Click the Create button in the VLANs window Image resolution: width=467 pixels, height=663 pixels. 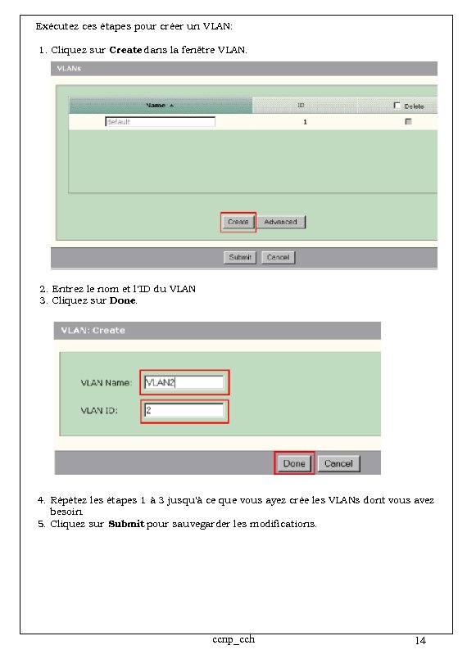[x=238, y=222]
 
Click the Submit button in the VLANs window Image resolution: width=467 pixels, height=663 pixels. [x=240, y=257]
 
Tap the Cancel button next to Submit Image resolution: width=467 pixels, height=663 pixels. [x=279, y=257]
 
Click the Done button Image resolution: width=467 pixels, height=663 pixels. [x=294, y=463]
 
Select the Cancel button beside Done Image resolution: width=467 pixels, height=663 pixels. [x=338, y=463]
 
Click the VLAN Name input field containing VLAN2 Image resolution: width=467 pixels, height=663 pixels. [x=184, y=382]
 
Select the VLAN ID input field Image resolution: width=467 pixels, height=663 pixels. [x=184, y=410]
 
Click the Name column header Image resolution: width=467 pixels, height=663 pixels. [x=160, y=106]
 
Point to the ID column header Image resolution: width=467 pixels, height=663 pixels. [x=301, y=106]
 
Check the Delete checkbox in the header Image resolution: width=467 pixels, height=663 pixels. [x=397, y=106]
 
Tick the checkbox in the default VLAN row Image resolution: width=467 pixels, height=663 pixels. [x=408, y=122]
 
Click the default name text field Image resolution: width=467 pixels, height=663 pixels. [x=160, y=122]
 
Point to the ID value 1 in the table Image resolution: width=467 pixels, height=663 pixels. [x=305, y=122]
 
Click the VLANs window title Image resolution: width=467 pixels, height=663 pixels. [x=68, y=69]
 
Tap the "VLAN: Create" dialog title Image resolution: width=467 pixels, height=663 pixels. [x=93, y=331]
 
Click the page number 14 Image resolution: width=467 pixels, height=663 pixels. [x=420, y=641]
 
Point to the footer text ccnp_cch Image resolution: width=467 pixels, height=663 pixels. [x=233, y=639]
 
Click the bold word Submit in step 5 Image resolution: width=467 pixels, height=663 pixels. [x=126, y=524]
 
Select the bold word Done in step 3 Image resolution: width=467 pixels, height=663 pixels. [x=123, y=300]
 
